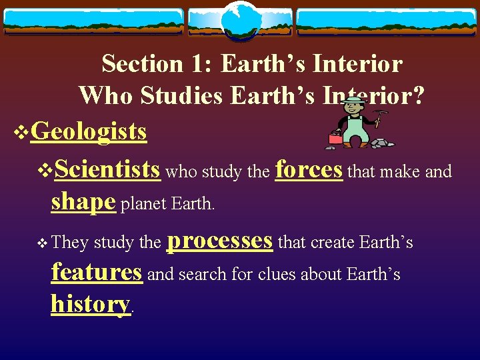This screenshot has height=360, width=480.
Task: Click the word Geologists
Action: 89,131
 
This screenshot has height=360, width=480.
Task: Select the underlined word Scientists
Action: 107,169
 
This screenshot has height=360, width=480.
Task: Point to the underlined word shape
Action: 83,201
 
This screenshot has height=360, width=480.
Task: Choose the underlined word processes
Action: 219,240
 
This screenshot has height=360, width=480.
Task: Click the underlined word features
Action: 97,272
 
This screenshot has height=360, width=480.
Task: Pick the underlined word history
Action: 90,304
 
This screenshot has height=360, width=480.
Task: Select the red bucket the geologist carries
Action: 335,138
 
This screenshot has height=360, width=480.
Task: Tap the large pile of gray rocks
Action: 382,142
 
